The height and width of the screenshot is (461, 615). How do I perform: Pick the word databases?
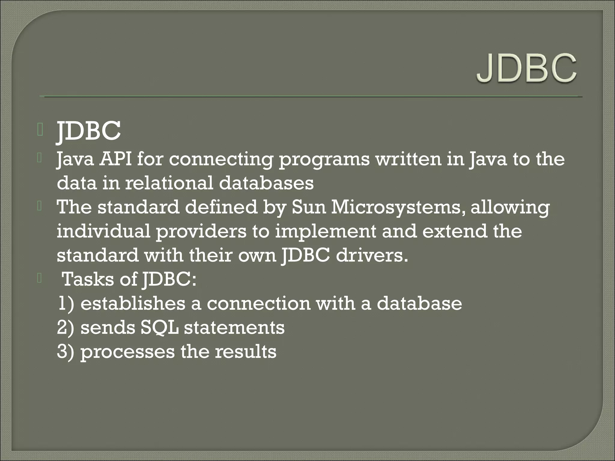[266, 183]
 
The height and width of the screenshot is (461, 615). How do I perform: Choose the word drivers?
[372, 255]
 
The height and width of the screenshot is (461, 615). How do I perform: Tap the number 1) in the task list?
[65, 303]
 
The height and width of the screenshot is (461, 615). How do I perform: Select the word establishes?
[133, 303]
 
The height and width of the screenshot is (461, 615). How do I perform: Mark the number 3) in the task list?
[65, 352]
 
